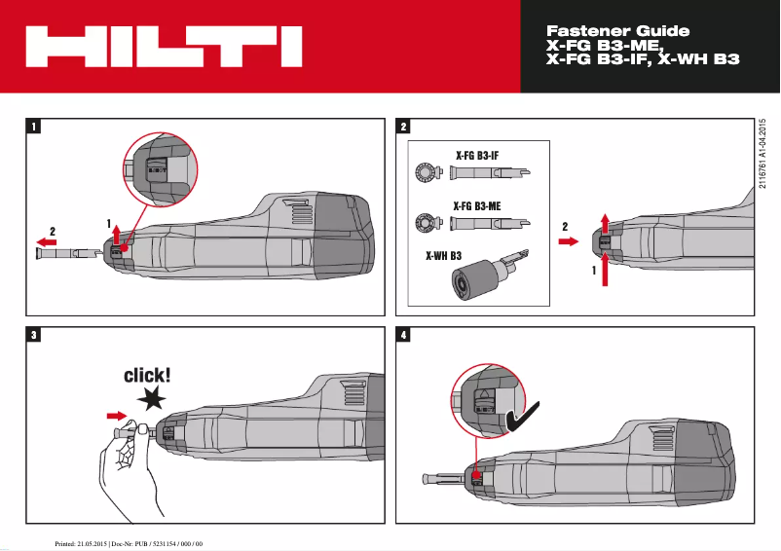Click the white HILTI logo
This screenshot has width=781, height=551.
[162, 47]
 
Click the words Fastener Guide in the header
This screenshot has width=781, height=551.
[618, 31]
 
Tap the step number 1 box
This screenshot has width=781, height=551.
[35, 127]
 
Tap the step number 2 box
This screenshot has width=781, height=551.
[404, 127]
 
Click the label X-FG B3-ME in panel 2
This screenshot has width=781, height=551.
[477, 205]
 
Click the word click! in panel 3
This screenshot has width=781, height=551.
[147, 375]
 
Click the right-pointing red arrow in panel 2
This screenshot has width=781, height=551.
[569, 243]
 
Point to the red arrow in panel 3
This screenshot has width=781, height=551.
[115, 416]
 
